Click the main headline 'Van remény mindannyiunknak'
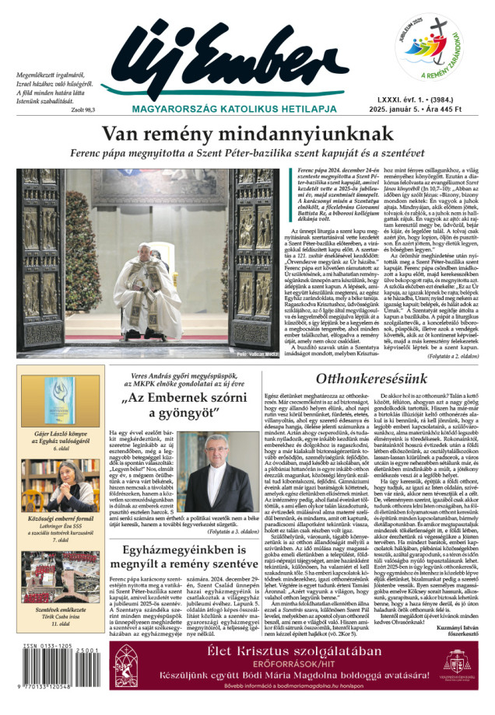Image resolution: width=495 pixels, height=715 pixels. pos(247,134)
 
